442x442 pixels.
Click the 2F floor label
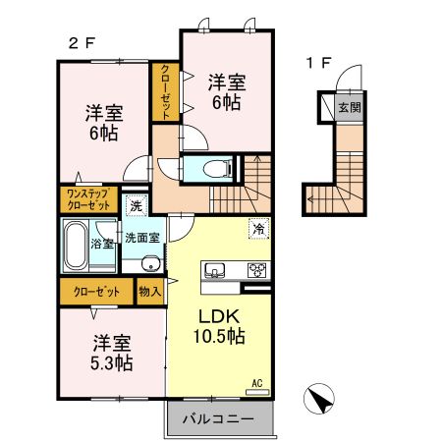pos(81,42)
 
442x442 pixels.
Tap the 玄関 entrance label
pos(349,108)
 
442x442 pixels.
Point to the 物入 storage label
pos(150,292)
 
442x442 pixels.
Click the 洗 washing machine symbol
pos(137,206)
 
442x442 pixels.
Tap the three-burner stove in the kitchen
pos(256,271)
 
